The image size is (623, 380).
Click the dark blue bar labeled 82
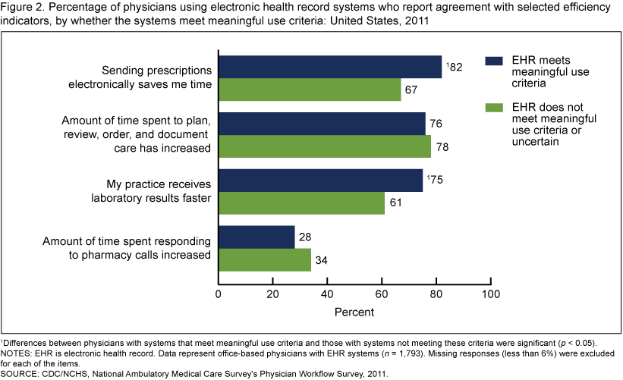[330, 67]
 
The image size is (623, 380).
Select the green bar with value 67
[310, 90]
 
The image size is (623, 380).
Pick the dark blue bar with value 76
[322, 124]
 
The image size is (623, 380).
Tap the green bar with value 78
[325, 146]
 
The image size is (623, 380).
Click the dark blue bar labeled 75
[320, 181]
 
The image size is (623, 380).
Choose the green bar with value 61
[301, 203]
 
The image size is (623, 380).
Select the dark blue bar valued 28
[256, 237]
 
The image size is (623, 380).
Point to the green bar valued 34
[265, 260]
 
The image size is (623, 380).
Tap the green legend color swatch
[495, 108]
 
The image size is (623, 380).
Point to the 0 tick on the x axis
[219, 293]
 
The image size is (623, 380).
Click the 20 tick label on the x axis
[273, 293]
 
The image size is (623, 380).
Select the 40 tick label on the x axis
[328, 293]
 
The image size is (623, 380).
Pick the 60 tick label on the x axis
[382, 293]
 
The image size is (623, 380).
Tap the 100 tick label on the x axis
[491, 293]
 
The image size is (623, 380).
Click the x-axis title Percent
[355, 311]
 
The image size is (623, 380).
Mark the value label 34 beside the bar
[322, 261]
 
